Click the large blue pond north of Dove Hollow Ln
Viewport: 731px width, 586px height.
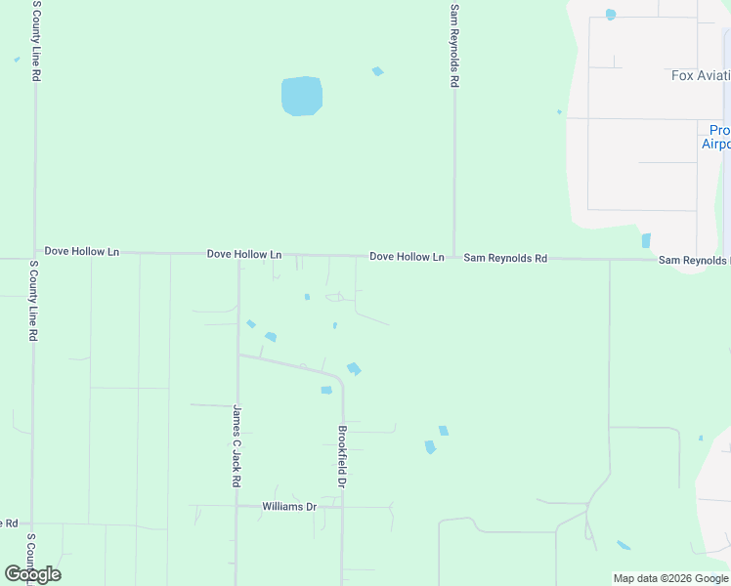click(x=301, y=96)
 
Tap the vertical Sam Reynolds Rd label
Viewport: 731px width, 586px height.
click(x=453, y=46)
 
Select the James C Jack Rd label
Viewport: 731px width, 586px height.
click(x=236, y=446)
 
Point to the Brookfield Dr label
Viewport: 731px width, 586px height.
click(x=342, y=456)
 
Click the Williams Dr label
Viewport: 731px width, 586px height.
click(x=289, y=507)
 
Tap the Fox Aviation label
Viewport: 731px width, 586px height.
click(x=700, y=75)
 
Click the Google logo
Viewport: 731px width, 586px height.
click(x=32, y=574)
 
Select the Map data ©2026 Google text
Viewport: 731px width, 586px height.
click(x=670, y=578)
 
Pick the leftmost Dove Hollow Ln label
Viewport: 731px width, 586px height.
click(x=82, y=251)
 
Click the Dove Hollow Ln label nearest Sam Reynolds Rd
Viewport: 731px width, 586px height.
click(x=407, y=257)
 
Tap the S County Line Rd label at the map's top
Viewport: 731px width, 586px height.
click(x=36, y=40)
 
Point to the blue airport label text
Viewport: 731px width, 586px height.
click(x=715, y=137)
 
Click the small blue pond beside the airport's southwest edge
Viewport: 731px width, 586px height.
click(x=646, y=240)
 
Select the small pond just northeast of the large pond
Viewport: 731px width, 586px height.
click(x=377, y=71)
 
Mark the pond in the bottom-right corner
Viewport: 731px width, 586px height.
click(x=623, y=545)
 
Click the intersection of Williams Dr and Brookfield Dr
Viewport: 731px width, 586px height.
click(x=341, y=507)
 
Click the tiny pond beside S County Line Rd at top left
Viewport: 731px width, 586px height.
click(x=17, y=60)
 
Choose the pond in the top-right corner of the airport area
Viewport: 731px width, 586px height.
click(x=611, y=15)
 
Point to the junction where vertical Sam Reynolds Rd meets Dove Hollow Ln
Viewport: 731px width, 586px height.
click(x=453, y=257)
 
